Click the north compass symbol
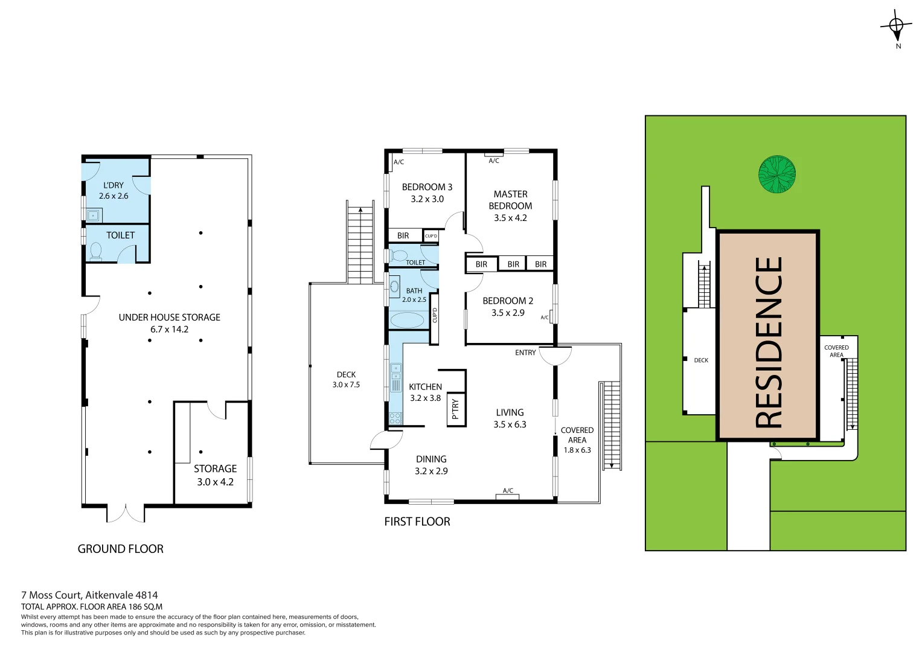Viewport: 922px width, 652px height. [897, 26]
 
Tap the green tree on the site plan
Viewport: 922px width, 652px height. [776, 174]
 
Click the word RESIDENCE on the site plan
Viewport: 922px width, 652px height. [769, 342]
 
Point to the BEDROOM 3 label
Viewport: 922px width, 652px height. [427, 187]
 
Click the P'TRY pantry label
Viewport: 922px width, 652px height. [455, 409]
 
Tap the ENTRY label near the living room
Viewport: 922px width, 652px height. [525, 353]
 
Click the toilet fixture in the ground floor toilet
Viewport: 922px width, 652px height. [95, 251]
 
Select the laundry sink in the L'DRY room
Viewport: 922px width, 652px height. [93, 215]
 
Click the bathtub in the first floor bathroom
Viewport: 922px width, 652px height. [407, 320]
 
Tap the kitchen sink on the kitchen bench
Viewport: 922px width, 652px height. [396, 377]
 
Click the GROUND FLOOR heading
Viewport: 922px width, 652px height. [120, 549]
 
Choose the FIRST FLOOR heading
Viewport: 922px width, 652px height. [417, 522]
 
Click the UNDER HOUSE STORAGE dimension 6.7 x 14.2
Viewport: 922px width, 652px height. [169, 330]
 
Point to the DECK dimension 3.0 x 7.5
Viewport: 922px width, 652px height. [346, 385]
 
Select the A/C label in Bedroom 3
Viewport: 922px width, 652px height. [399, 162]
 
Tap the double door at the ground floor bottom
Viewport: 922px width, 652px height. [126, 513]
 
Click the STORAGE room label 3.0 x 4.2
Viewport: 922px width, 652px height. [215, 475]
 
